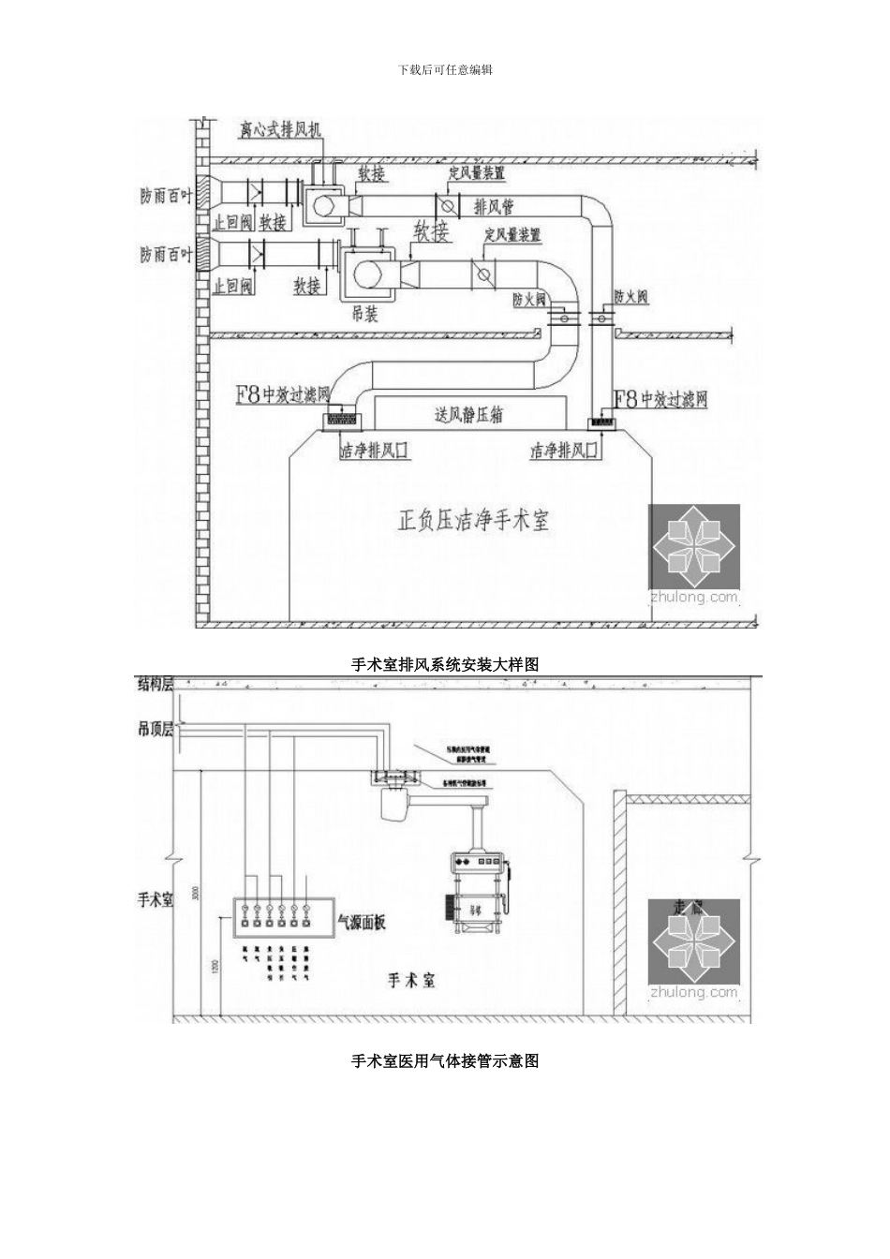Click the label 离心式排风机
pyautogui.click(x=280, y=128)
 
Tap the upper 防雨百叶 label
pyautogui.click(x=166, y=198)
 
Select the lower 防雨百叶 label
pyautogui.click(x=166, y=254)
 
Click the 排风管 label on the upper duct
pyautogui.click(x=494, y=207)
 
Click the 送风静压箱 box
pyautogui.click(x=468, y=413)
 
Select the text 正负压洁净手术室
pyautogui.click(x=473, y=521)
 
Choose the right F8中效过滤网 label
pyautogui.click(x=660, y=400)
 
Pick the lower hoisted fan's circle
pyautogui.click(x=367, y=273)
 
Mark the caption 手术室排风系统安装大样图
pyautogui.click(x=445, y=664)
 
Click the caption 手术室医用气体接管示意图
pyautogui.click(x=445, y=1060)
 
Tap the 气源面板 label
pyautogui.click(x=361, y=922)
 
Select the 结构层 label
pyautogui.click(x=156, y=684)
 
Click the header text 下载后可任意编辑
pyautogui.click(x=445, y=69)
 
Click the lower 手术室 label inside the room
pyautogui.click(x=412, y=981)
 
